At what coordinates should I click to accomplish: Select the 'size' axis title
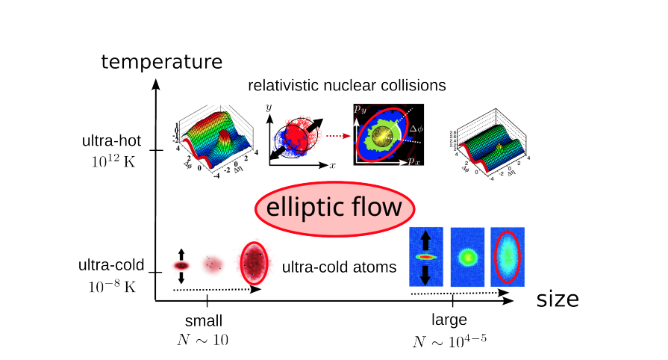coord(557,300)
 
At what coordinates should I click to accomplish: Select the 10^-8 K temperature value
coord(110,286)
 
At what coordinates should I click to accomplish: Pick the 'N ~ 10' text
coord(204,339)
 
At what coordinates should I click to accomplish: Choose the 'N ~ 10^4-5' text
coord(450,341)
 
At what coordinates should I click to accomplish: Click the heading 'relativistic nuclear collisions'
coord(347,86)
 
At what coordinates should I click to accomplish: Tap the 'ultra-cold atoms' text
coord(339,266)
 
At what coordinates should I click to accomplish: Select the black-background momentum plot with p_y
coord(387,134)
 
